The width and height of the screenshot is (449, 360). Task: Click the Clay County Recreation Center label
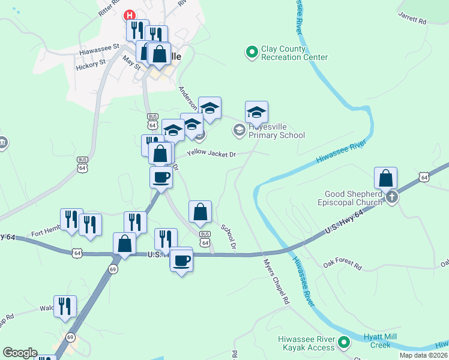[x=294, y=53]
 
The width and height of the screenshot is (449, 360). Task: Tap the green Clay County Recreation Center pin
[x=252, y=53]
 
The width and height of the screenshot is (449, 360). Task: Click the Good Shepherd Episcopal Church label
[x=353, y=198]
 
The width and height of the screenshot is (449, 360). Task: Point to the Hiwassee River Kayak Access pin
[x=344, y=343]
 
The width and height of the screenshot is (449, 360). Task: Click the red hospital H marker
[x=128, y=15]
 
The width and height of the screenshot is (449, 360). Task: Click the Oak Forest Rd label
[x=342, y=265]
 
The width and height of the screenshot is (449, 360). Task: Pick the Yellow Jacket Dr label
[x=211, y=154]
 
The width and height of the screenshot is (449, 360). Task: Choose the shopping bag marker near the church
[x=385, y=178]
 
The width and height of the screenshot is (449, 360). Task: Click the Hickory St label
[x=91, y=62]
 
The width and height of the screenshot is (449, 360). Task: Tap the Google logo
[x=20, y=353]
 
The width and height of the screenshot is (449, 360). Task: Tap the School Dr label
[x=229, y=236]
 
